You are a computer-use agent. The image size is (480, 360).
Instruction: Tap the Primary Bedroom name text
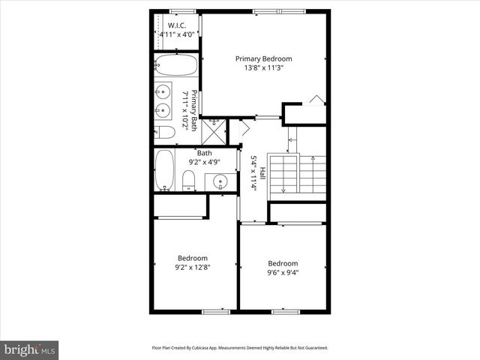pos(263,58)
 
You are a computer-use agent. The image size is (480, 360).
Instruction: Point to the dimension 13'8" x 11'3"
pos(263,68)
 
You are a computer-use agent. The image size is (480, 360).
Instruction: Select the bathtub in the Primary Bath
pos(175,64)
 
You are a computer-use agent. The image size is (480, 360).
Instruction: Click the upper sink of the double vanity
pos(163,93)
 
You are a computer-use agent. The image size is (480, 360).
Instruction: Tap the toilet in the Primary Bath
pos(166,133)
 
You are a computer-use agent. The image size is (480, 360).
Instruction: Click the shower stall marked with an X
pos(214,132)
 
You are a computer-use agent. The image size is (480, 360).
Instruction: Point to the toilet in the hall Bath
pos(190,179)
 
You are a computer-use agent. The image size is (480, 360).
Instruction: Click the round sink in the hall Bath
pos(220,181)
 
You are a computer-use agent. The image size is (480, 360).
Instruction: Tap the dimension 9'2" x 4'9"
pos(205,161)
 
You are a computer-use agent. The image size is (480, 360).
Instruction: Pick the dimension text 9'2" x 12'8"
pos(192,266)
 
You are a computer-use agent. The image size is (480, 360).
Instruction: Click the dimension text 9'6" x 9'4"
pos(283,273)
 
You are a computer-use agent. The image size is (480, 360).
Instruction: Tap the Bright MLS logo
pos(30,350)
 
